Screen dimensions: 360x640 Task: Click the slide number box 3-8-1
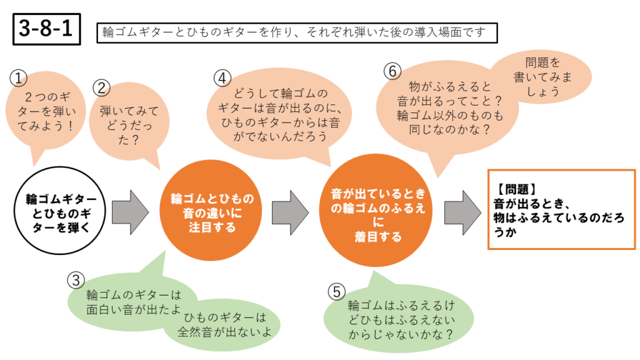[x=47, y=29]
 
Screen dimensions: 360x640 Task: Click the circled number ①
[x=19, y=77]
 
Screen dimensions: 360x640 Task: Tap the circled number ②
[x=102, y=87]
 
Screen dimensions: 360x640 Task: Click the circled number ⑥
[x=392, y=71]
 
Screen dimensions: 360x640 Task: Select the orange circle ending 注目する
[x=212, y=212]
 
